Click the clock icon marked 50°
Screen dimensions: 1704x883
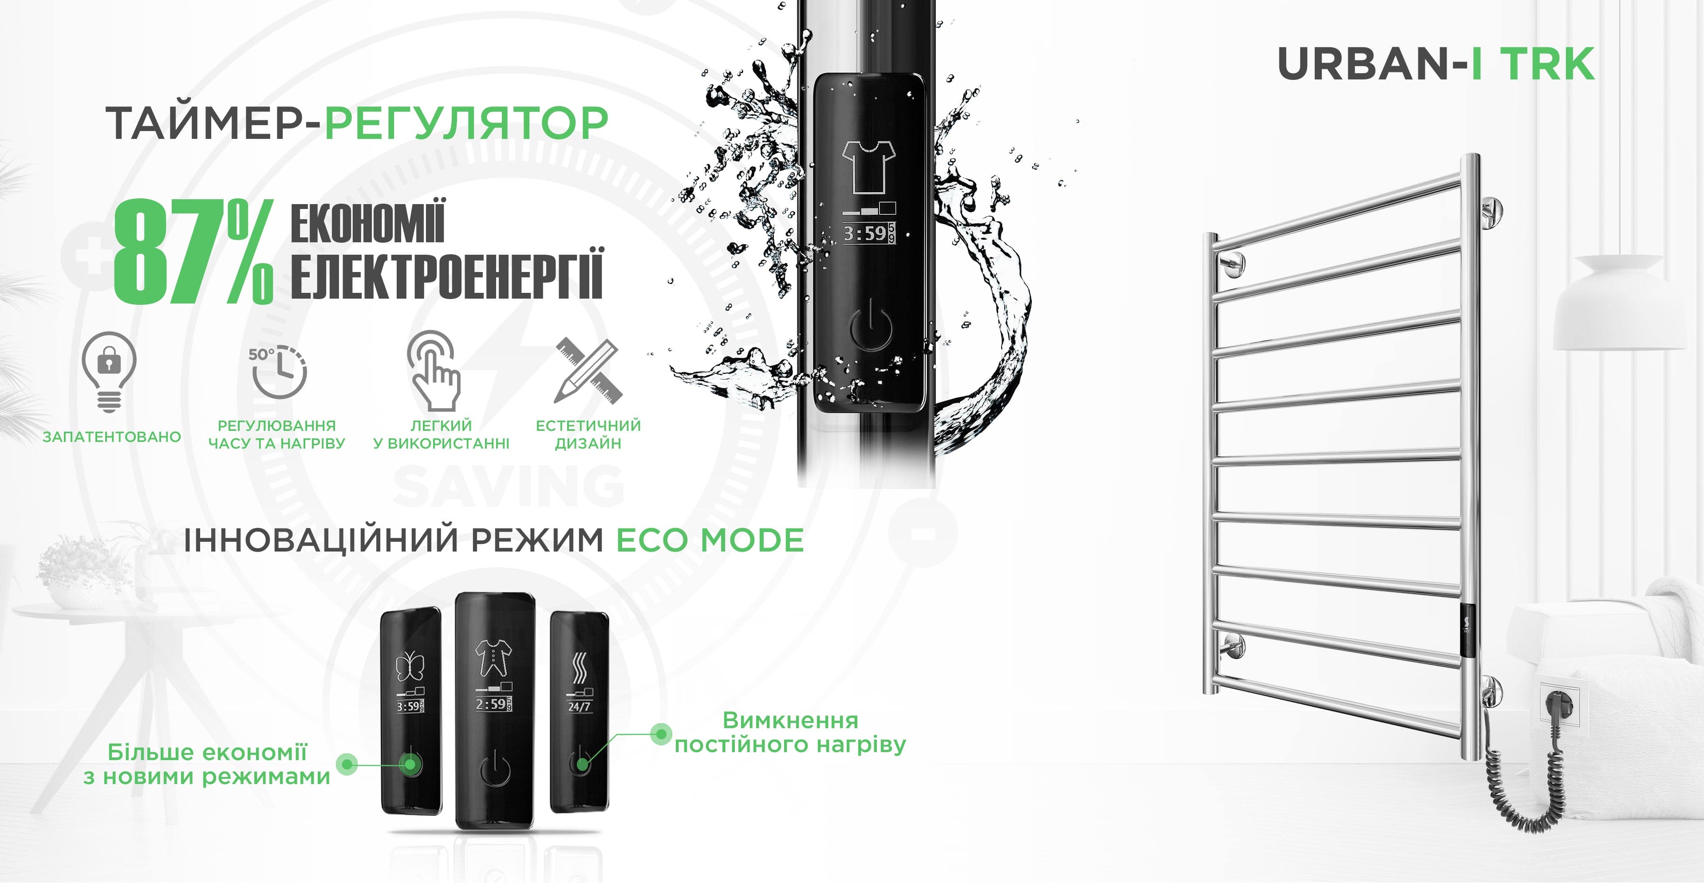click(277, 371)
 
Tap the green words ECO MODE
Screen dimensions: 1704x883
click(710, 540)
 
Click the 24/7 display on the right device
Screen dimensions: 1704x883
click(579, 706)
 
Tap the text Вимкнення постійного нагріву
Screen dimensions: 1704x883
click(790, 732)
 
